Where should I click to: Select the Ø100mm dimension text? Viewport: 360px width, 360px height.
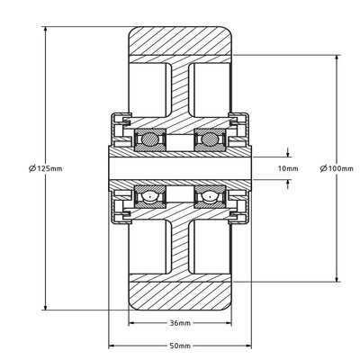tap(337, 168)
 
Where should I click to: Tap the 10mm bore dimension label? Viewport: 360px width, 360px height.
tap(287, 168)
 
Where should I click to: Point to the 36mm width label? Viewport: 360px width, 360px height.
tap(179, 323)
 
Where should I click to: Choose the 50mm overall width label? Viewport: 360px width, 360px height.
tap(179, 346)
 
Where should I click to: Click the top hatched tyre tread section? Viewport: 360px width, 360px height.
tap(179, 42)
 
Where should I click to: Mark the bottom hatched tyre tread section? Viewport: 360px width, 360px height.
tap(179, 294)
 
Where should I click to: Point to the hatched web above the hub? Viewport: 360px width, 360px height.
tap(179, 90)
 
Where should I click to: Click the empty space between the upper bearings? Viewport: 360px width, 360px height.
tap(179, 139)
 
